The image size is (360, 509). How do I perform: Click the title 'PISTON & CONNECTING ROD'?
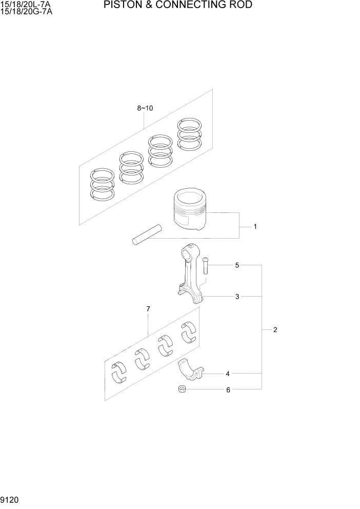tap(177, 6)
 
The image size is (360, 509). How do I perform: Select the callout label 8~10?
tap(145, 108)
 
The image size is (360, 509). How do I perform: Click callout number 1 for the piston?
tap(255, 226)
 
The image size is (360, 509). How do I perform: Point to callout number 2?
tap(275, 330)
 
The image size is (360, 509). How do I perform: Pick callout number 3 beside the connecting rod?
tap(237, 297)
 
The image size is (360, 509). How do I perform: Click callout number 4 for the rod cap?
tap(228, 374)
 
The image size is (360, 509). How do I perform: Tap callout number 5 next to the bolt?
tap(237, 265)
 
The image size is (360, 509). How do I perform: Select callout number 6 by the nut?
tap(228, 390)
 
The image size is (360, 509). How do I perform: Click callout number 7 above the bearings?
tap(148, 309)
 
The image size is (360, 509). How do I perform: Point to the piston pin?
tap(147, 233)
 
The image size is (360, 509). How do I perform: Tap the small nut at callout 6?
tap(182, 390)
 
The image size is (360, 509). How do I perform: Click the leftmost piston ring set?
tap(102, 183)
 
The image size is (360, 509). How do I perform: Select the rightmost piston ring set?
tap(190, 133)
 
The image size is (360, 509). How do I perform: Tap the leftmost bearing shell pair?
tap(119, 371)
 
